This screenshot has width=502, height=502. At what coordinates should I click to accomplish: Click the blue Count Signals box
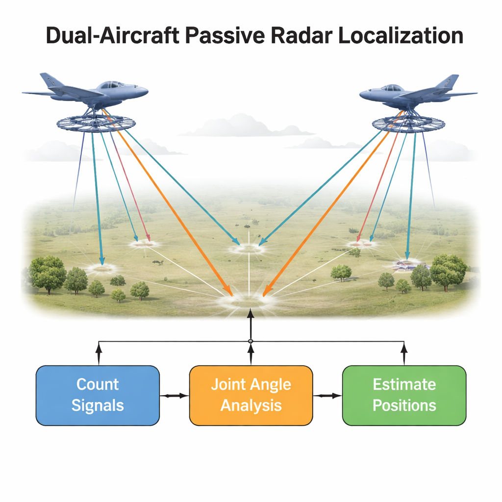pos(98,396)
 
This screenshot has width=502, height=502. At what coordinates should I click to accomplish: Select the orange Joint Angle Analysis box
pos(251,396)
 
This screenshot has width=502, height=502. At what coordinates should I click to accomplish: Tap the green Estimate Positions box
pos(404,396)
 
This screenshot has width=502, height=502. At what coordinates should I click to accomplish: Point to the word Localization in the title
pos(401,35)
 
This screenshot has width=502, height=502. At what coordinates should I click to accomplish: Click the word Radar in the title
pos(301,35)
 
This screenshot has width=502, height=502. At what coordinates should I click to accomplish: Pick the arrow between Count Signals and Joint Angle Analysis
pos(175,396)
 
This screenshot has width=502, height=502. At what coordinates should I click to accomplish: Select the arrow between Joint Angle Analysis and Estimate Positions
pos(328,396)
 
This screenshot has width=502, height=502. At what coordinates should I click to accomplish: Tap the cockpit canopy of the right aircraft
pos(392,87)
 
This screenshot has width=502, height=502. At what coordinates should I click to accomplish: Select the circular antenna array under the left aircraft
pos(96,123)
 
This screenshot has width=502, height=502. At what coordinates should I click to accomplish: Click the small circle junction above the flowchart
pos(251,341)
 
